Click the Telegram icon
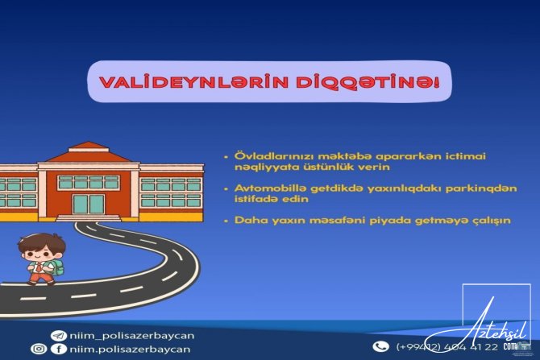(x=58, y=335)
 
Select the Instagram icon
(x=39, y=350)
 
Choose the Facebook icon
(x=58, y=350)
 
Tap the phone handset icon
(x=381, y=346)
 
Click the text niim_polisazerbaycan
(x=126, y=335)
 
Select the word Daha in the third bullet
(x=247, y=220)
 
